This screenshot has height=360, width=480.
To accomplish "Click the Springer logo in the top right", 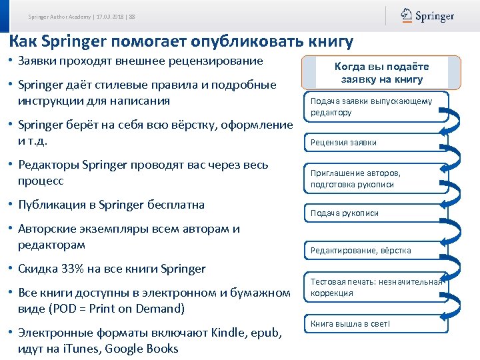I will coord(427,15).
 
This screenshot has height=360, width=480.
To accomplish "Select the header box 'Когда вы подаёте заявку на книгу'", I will coord(381,73).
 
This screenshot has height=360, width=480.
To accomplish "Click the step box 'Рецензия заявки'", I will coord(375,143).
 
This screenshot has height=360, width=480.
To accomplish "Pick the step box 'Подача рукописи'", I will coord(375,213).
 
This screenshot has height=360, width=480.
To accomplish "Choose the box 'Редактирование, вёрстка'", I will coord(375,251).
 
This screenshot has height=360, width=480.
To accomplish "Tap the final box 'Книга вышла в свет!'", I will coord(375,324).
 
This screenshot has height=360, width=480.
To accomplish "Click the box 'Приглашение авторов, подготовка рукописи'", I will coord(375,178).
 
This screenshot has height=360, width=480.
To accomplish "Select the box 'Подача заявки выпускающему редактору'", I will coord(375,107).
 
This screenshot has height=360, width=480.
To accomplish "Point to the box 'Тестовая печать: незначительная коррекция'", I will coord(375,287).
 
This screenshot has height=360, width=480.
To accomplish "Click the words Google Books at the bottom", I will coord(144,349).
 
